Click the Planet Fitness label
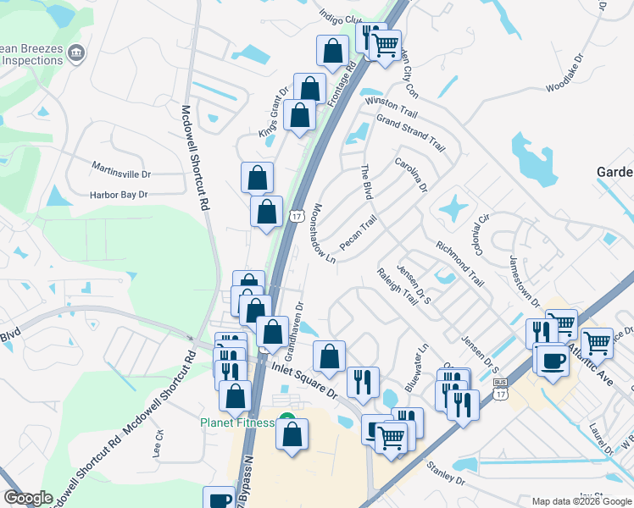click(x=237, y=422)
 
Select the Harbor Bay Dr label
click(x=119, y=195)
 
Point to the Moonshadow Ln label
click(x=325, y=233)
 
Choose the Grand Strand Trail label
click(x=411, y=131)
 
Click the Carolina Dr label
click(x=412, y=174)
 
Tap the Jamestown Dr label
click(x=524, y=279)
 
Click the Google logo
click(x=28, y=498)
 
